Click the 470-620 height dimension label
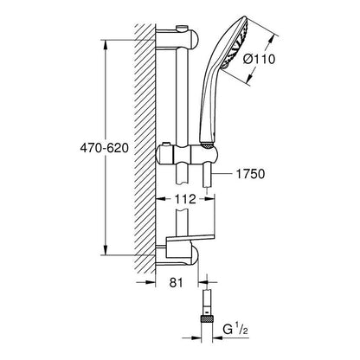[104, 148]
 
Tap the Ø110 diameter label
[259, 59]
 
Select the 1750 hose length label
[250, 174]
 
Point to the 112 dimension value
[185, 199]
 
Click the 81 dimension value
[177, 282]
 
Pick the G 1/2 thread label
[235, 330]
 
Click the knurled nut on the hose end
[206, 319]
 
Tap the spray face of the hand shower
[238, 43]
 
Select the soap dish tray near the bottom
[190, 241]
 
